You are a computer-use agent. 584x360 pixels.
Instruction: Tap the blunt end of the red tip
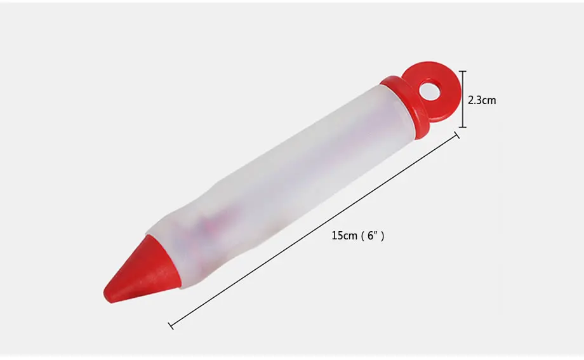click(x=109, y=295)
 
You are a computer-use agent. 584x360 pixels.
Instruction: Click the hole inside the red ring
click(x=430, y=91)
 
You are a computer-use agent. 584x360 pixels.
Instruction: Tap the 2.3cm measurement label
click(x=482, y=100)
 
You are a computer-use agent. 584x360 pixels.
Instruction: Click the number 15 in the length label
click(x=336, y=236)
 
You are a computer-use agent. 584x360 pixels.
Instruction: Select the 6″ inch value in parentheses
click(x=373, y=236)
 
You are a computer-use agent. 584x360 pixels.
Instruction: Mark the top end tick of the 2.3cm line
click(x=463, y=71)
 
